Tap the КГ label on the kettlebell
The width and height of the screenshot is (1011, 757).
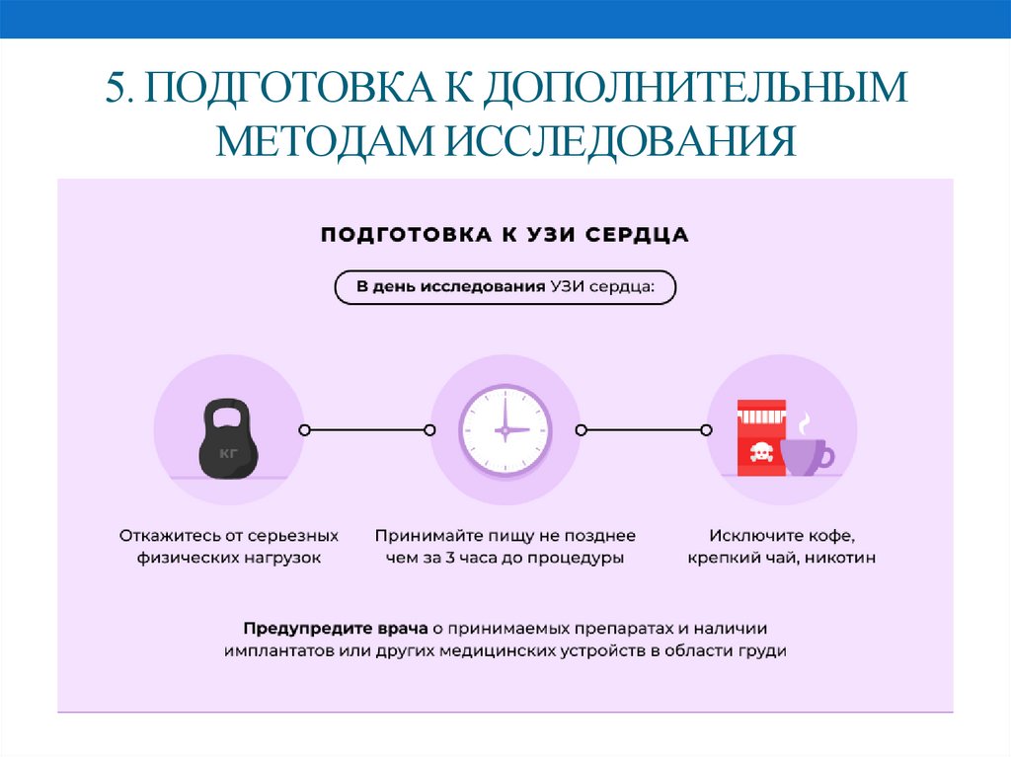pos(230,455)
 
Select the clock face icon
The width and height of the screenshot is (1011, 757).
pos(505,429)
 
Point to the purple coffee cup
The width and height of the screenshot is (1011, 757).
pos(806,457)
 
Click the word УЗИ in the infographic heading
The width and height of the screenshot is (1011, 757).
pos(544,235)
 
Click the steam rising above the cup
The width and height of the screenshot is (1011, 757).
pos(805,422)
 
